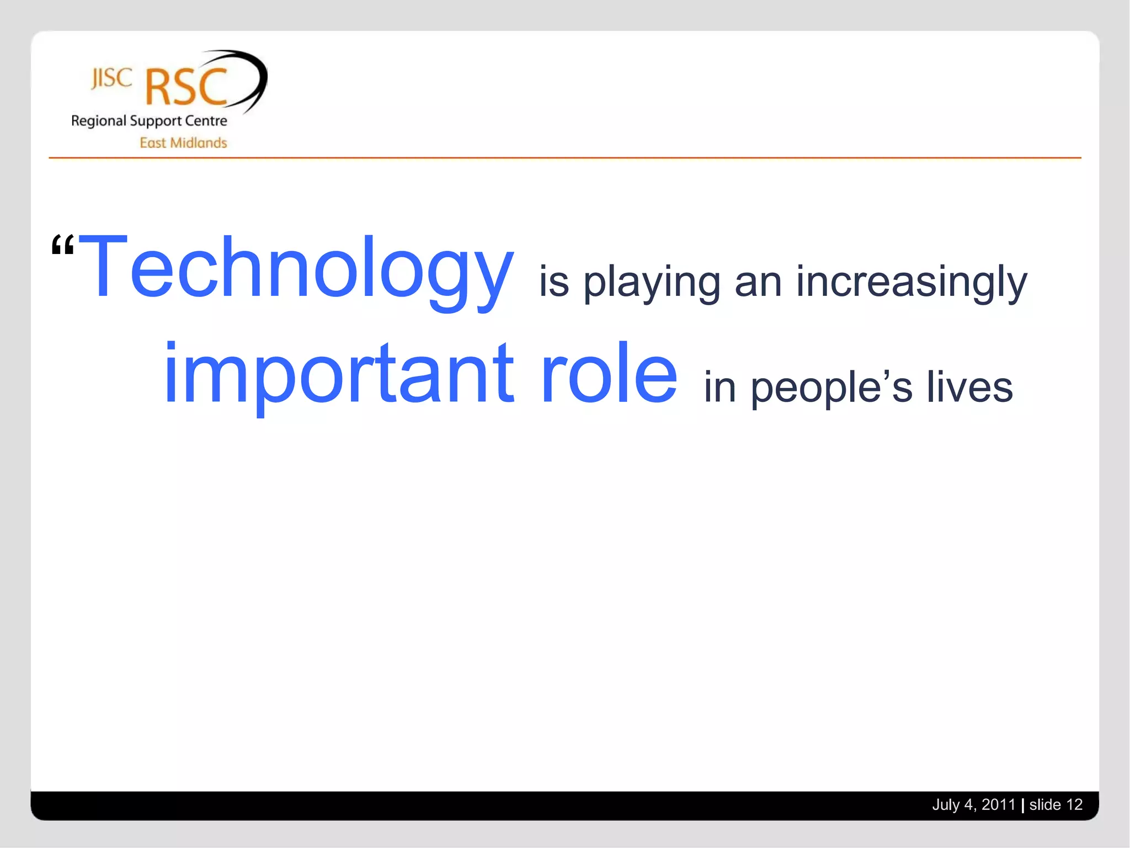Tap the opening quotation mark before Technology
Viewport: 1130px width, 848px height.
point(62,245)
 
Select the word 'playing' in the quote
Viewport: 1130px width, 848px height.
point(652,283)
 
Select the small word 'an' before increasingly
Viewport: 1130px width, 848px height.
point(758,283)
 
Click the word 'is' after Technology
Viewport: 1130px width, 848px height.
point(553,282)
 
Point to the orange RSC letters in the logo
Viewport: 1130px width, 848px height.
point(186,87)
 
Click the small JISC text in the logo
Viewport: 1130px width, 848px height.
point(111,78)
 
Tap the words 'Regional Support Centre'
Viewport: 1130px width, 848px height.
point(149,121)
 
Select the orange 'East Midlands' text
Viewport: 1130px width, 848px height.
point(183,143)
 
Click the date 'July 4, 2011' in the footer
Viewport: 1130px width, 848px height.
point(973,805)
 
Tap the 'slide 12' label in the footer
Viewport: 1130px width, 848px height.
point(1056,805)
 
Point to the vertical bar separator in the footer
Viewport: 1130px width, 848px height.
point(1022,805)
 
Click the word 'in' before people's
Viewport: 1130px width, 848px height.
point(720,388)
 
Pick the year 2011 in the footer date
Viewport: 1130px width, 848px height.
point(998,805)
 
